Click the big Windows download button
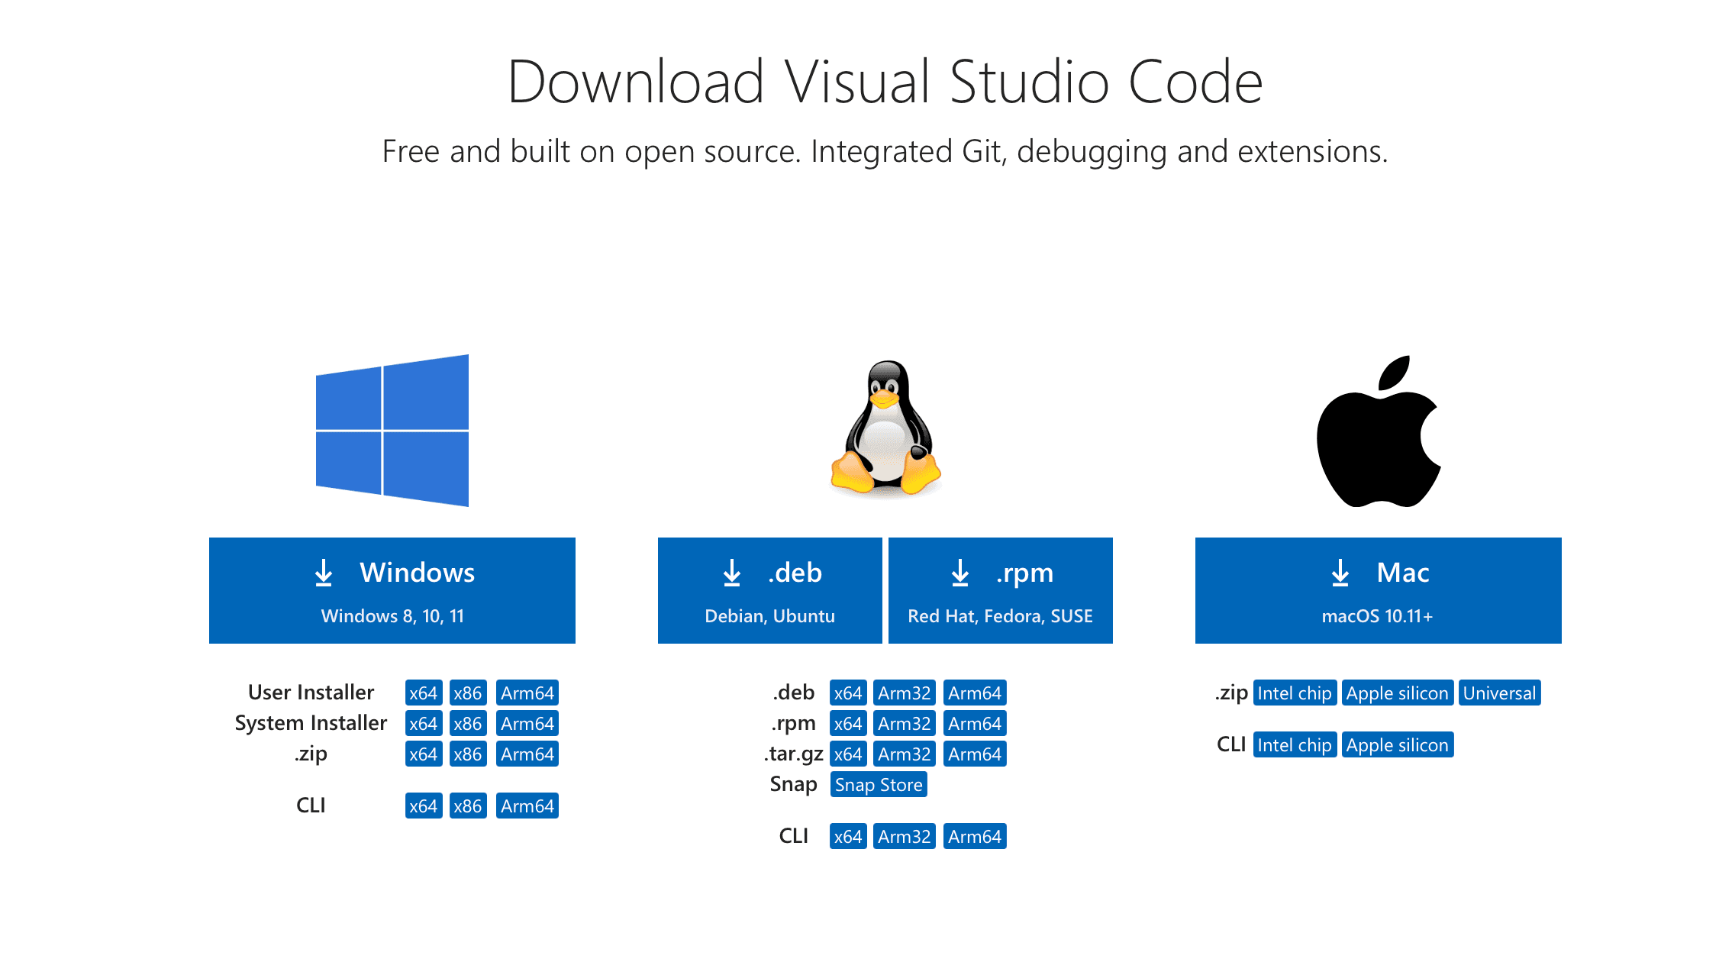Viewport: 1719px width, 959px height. pyautogui.click(x=392, y=590)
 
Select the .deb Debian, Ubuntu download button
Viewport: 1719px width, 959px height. pyautogui.click(x=769, y=590)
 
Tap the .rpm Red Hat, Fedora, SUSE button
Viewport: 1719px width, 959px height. pyautogui.click(x=1000, y=590)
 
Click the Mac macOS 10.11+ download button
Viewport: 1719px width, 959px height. pyautogui.click(x=1378, y=590)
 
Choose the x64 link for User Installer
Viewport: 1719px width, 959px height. pyautogui.click(x=423, y=693)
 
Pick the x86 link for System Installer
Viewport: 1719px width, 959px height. pyautogui.click(x=467, y=724)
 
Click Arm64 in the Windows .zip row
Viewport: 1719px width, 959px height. pyautogui.click(x=527, y=754)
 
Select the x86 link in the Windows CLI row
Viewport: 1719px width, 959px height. pyautogui.click(x=467, y=806)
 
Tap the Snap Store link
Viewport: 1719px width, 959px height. pyautogui.click(x=879, y=785)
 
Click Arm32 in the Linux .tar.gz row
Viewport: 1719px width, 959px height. pyautogui.click(x=904, y=754)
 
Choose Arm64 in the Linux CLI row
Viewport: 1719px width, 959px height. pyautogui.click(x=975, y=837)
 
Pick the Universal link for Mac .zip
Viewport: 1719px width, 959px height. pyautogui.click(x=1499, y=693)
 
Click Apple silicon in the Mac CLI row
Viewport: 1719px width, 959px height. pyautogui.click(x=1397, y=745)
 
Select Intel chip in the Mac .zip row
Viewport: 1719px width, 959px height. pyautogui.click(x=1295, y=693)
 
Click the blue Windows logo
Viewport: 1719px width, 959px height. pyautogui.click(x=392, y=431)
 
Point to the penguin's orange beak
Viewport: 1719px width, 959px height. pyautogui.click(x=884, y=398)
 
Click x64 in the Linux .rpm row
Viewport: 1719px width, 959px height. pyautogui.click(x=847, y=724)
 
